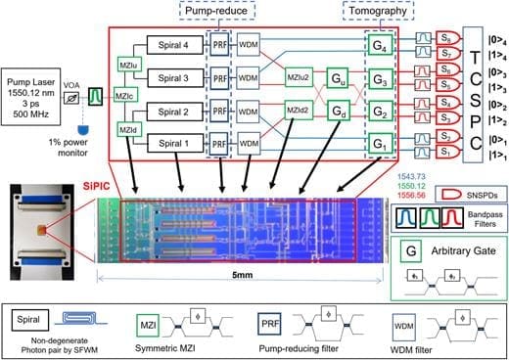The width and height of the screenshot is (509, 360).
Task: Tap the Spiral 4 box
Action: [172, 45]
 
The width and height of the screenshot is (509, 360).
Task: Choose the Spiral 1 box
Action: [172, 142]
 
